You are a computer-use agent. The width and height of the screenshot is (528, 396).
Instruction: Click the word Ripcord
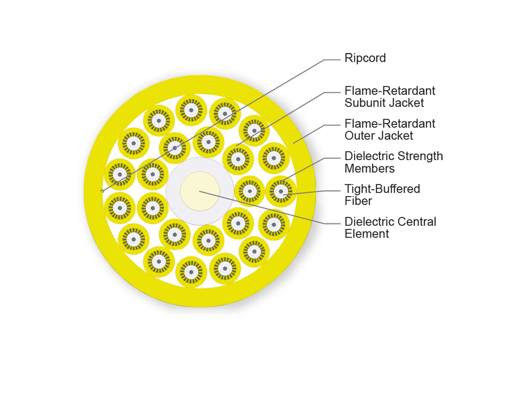365,58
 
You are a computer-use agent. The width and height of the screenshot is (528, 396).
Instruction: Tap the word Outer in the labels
360,136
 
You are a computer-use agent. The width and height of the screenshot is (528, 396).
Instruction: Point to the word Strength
419,156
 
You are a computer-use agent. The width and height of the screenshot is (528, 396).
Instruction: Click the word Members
370,169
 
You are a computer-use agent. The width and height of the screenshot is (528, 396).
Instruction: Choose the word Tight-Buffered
382,189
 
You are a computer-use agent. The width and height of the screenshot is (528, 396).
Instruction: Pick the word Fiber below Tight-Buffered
358,201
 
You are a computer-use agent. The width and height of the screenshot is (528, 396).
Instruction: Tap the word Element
367,234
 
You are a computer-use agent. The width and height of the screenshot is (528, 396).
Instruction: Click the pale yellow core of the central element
200,191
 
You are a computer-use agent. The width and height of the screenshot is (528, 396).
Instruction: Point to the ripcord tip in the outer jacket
102,191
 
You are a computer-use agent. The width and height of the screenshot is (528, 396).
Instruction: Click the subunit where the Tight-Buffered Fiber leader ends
281,192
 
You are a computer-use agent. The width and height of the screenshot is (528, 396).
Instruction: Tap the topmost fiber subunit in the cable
191,110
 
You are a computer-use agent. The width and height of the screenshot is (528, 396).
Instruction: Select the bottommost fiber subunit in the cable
191,272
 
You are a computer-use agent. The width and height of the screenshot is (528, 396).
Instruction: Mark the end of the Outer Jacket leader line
293,143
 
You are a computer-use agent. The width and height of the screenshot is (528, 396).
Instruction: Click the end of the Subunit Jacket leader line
236,146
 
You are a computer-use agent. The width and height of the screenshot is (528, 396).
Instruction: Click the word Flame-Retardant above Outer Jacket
390,124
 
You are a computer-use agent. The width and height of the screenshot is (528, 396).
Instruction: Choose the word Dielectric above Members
369,156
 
